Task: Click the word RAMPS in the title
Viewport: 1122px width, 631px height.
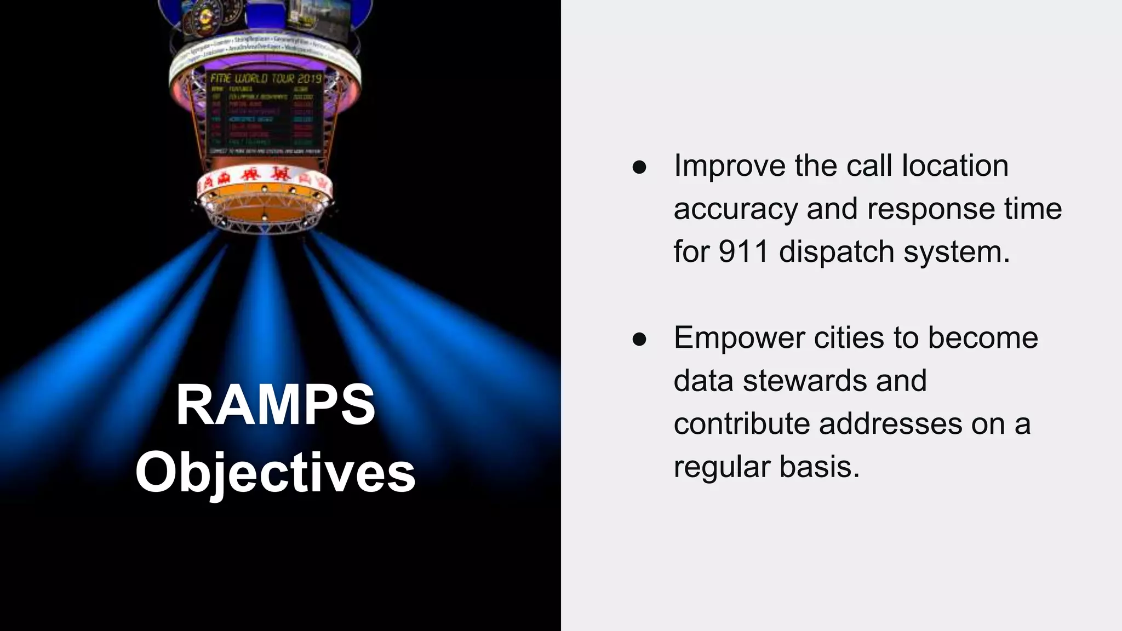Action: point(275,405)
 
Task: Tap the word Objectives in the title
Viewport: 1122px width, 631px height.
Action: point(275,473)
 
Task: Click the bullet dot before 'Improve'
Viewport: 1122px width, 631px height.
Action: point(639,167)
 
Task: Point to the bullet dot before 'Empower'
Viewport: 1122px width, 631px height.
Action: point(639,339)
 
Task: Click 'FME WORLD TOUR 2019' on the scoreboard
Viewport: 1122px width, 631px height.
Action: point(266,78)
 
